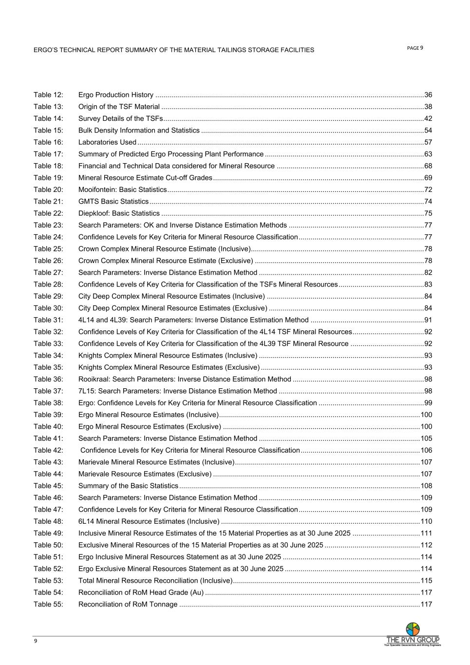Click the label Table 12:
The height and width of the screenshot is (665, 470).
[x=48, y=95]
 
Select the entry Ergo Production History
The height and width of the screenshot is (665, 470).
[x=116, y=95]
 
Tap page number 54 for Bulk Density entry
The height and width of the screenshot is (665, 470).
[x=428, y=131]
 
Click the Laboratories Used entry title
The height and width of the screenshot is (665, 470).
[x=107, y=142]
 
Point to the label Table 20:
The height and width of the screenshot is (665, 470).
[x=48, y=190]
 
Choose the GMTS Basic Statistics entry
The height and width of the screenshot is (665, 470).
[x=113, y=202]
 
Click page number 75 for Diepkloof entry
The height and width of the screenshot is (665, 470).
[x=428, y=213]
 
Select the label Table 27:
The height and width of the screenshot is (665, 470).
[x=48, y=273]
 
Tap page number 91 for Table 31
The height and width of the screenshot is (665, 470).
[x=428, y=320]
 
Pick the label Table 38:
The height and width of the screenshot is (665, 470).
[x=48, y=403]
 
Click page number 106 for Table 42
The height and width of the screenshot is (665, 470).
[x=426, y=450]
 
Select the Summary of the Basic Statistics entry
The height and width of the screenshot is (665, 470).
[x=128, y=486]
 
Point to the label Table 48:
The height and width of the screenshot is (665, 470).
[x=48, y=521]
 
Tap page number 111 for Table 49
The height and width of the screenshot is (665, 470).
[x=426, y=533]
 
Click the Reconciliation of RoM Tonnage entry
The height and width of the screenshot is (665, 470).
[x=128, y=605]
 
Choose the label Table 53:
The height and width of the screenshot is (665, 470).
[x=48, y=581]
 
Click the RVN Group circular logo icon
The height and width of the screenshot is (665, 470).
[x=413, y=629]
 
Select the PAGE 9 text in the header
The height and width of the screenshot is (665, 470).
[x=415, y=48]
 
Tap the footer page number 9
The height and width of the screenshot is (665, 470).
[x=36, y=641]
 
